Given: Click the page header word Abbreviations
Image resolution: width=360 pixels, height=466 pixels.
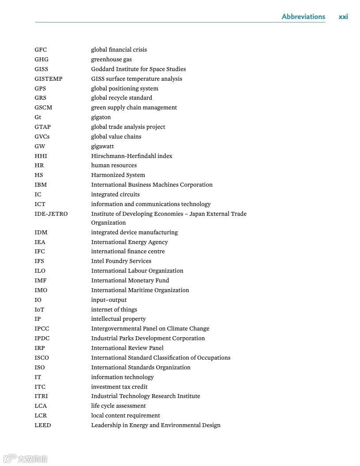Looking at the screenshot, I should [303, 17].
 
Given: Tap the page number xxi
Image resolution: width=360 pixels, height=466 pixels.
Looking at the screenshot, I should [343, 17].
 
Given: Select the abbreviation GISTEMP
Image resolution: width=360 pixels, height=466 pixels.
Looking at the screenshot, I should [49, 79].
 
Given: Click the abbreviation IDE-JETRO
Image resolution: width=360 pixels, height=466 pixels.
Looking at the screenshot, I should [51, 214].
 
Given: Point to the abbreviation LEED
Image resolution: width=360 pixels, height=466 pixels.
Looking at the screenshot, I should [43, 425].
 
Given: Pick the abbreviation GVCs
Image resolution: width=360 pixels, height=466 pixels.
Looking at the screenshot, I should [42, 136].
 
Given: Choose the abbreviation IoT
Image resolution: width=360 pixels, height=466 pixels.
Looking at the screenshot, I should [39, 309].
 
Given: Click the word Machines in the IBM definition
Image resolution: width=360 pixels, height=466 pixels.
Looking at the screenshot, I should [168, 184].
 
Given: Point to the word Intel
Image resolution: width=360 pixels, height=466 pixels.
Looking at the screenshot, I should [98, 261].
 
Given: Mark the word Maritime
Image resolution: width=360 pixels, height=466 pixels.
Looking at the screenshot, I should [142, 290].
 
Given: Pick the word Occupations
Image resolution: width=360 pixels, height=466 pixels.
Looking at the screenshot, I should [211, 357].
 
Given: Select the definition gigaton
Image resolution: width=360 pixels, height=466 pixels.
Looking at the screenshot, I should [101, 117].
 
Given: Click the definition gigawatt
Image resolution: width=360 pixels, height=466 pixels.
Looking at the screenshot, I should [102, 146].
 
